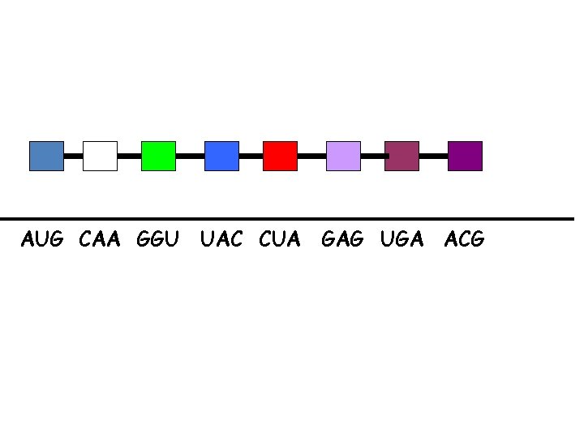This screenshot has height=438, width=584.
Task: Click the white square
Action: click(x=100, y=156)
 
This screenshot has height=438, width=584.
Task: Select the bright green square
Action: click(x=158, y=156)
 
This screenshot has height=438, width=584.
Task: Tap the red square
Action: click(x=280, y=156)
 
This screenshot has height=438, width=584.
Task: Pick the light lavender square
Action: click(x=343, y=156)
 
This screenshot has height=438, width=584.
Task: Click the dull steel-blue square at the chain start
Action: click(x=46, y=156)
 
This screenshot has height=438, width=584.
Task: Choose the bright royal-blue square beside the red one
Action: click(x=221, y=156)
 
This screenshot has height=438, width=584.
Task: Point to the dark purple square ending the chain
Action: click(x=465, y=156)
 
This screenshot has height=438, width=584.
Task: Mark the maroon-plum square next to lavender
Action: click(x=401, y=156)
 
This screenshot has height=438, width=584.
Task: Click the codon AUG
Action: click(x=42, y=239)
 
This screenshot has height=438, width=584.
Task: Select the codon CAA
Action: click(x=100, y=239)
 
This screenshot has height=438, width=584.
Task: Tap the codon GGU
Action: click(x=158, y=239)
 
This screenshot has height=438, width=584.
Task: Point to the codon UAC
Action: click(x=221, y=239)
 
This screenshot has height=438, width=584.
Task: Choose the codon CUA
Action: click(x=280, y=239)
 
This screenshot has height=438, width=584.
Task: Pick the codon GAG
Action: click(x=343, y=239)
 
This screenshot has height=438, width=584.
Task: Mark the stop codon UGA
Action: click(x=401, y=239)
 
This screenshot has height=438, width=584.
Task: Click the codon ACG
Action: click(x=465, y=239)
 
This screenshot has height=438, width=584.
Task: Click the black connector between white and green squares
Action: click(x=129, y=155)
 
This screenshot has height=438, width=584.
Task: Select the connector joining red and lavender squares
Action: click(x=311, y=155)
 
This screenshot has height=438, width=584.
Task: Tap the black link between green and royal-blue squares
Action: click(x=190, y=155)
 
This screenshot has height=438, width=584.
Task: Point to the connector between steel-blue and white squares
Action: click(x=73, y=155)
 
